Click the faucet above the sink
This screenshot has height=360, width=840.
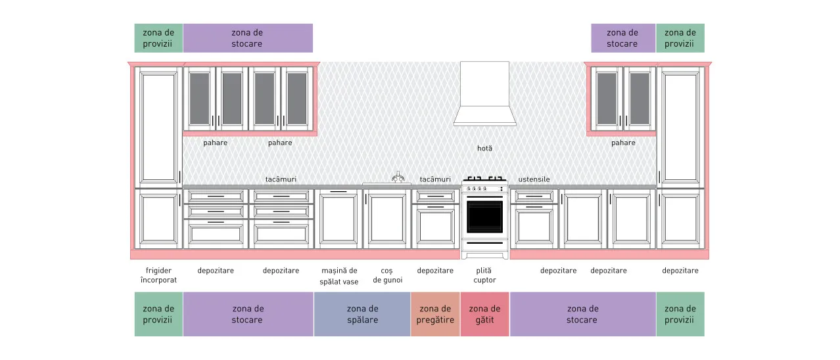398,177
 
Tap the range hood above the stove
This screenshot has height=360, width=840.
484,94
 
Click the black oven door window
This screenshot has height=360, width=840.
484,217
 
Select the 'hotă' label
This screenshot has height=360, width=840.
484,148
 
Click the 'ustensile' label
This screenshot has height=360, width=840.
534,179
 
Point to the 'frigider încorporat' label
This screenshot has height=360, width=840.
158,275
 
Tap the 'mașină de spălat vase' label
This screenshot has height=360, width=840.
339,276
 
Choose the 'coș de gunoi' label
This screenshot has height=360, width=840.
387,275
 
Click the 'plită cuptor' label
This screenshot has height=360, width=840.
484,275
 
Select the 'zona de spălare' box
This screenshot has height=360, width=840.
362,314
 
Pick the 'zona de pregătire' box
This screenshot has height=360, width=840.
435,314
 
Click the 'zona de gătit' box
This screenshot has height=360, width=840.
484,314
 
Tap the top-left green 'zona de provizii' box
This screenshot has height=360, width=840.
158,38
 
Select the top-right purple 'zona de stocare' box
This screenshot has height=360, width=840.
623,38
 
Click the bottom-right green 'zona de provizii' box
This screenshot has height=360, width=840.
680,314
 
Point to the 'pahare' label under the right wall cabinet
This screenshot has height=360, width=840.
623,143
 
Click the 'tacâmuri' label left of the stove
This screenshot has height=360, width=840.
435,179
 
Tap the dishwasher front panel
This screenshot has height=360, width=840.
338,219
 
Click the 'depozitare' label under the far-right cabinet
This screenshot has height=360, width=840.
680,271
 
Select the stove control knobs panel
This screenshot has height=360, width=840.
484,189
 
